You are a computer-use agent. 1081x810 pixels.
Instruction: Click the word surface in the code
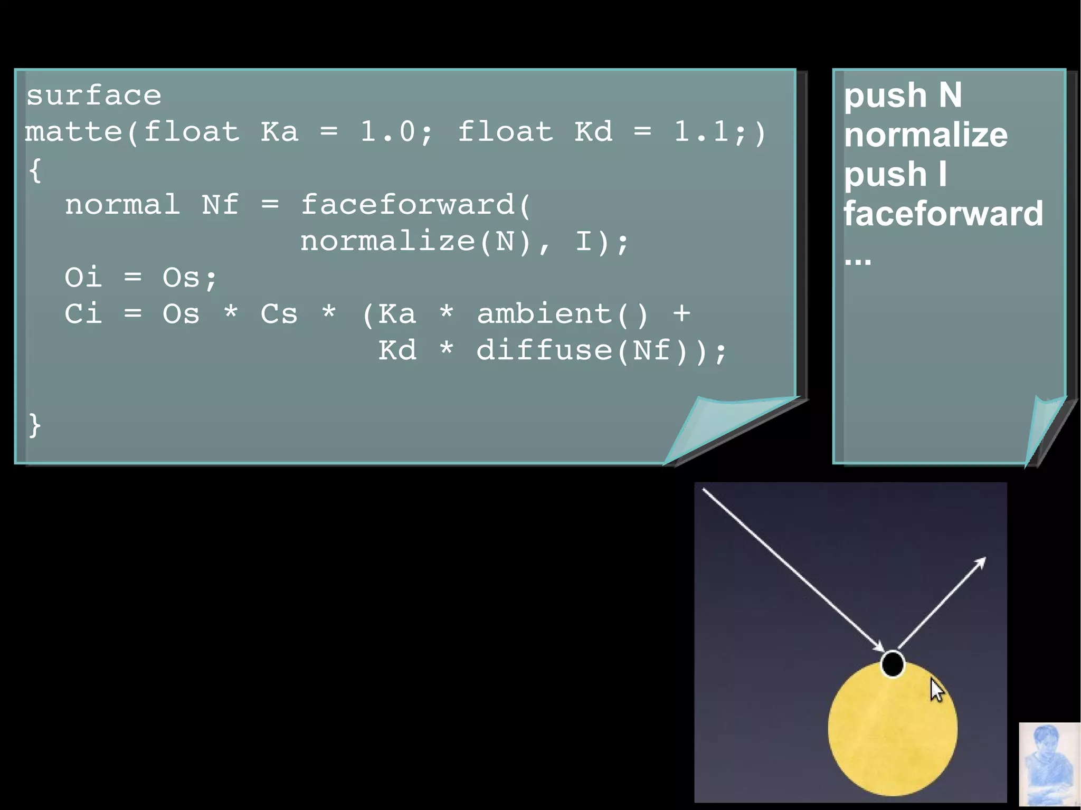coord(94,96)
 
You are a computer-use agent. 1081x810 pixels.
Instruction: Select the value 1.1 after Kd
coord(701,131)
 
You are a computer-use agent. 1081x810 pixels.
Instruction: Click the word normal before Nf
coord(122,205)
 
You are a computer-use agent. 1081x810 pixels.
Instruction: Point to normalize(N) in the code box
coord(416,242)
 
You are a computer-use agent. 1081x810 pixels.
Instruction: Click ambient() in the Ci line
coord(563,314)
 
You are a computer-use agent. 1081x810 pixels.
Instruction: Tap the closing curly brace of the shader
coord(35,425)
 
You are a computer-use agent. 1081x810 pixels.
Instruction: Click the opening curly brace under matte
coord(35,170)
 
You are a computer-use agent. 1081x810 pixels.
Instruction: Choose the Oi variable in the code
coord(83,278)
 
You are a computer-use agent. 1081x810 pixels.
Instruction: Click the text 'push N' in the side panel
coord(903,96)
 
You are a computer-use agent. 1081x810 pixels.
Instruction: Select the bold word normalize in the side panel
coord(926,135)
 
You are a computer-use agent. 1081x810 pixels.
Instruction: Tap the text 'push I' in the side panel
coord(895,175)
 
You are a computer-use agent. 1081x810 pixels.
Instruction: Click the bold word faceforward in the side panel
coord(943,214)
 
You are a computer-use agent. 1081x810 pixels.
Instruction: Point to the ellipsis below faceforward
coord(858,261)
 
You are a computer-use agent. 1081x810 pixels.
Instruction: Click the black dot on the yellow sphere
coord(893,664)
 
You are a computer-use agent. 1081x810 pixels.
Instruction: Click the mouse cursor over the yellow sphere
coord(936,690)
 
